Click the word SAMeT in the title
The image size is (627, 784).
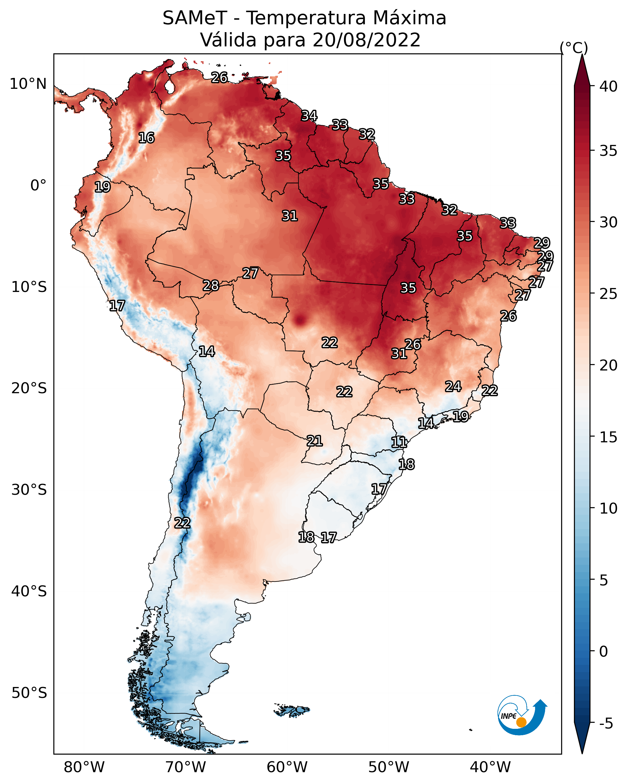coord(195,18)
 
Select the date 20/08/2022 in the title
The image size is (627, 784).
coord(366,40)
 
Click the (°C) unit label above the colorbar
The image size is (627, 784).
coord(574,48)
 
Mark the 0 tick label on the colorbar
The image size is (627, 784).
coord(603,652)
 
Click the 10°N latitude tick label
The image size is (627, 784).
coord(28,84)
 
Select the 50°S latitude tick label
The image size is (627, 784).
coord(29,693)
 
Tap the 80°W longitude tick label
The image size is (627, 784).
coord(84,767)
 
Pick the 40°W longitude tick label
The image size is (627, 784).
coord(490,767)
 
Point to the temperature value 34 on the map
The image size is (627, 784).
coord(309,116)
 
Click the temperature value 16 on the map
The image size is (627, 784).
coord(146,138)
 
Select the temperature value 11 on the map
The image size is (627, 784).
coord(399,442)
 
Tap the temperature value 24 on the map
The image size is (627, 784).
coord(453,386)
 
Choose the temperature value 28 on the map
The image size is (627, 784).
coord(211,286)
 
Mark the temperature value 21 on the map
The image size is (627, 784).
coord(314,441)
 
